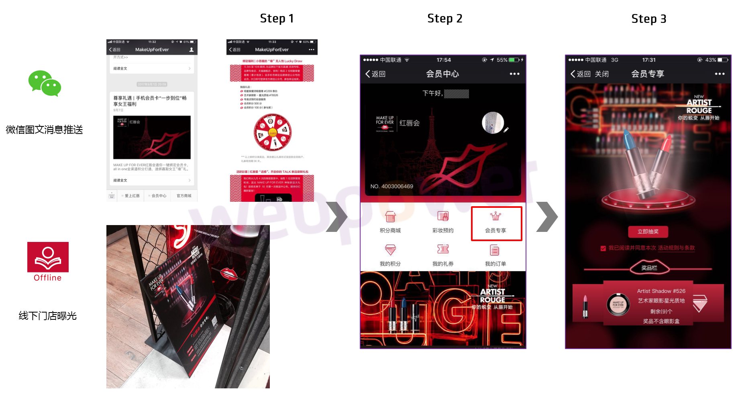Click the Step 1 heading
click(277, 18)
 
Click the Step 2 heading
click(444, 18)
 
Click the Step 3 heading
click(648, 19)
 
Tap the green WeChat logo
click(45, 83)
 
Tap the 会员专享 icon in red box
click(496, 223)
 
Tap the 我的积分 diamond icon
click(390, 250)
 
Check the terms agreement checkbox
click(603, 248)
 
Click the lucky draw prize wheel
click(273, 132)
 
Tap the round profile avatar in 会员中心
click(493, 122)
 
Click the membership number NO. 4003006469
click(391, 186)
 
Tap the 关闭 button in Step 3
click(601, 74)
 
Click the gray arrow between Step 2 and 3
click(547, 217)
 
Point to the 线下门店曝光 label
click(47, 316)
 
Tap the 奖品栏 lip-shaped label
click(649, 268)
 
